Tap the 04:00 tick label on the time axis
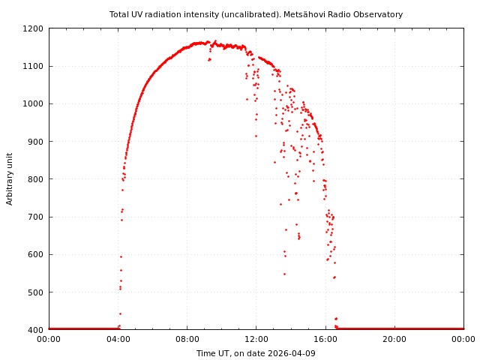tap(118, 339)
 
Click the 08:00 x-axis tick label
tap(187, 339)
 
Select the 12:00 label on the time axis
tap(256, 339)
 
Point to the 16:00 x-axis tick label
tap(325, 339)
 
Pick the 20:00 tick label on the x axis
tap(394, 339)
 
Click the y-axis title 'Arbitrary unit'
tap(10, 178)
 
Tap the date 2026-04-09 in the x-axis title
tap(293, 353)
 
